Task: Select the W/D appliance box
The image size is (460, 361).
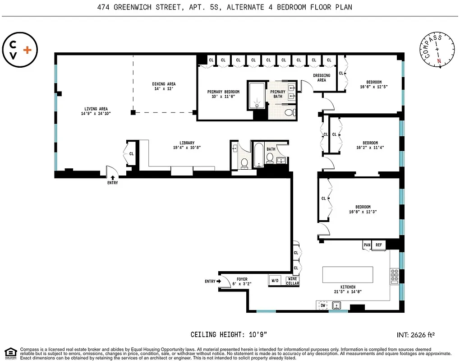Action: tap(275, 281)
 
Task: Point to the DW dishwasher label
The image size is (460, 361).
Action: tap(323, 305)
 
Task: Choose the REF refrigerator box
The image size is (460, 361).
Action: tap(379, 245)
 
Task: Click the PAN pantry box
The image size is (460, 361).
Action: tap(367, 245)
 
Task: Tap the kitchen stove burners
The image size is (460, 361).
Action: tap(394, 275)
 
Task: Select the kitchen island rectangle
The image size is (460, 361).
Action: tap(348, 274)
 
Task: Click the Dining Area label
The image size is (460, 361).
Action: tap(164, 87)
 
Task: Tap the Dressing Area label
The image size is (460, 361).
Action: tap(322, 78)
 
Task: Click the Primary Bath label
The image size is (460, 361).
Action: tap(278, 94)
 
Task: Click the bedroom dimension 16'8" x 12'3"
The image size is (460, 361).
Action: tap(363, 212)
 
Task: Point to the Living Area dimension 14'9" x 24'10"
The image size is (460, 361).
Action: tap(96, 114)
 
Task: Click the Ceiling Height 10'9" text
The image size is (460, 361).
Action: tap(229, 335)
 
